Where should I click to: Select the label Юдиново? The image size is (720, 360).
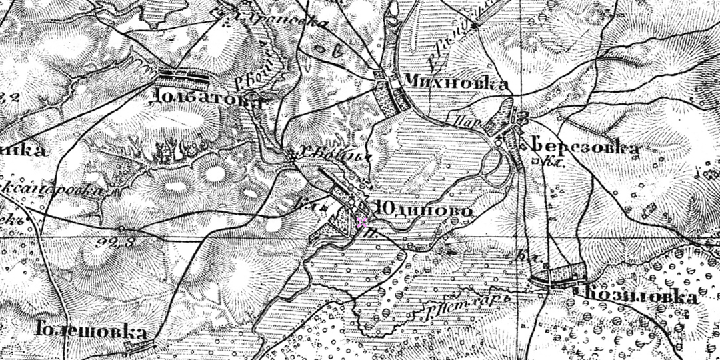[x=424, y=211]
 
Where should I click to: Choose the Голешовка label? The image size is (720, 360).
[x=91, y=331]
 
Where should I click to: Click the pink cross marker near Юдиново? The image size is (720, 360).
[x=361, y=222]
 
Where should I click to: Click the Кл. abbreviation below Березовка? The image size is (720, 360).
[x=539, y=161]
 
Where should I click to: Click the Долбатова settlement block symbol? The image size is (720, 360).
[x=182, y=79]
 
